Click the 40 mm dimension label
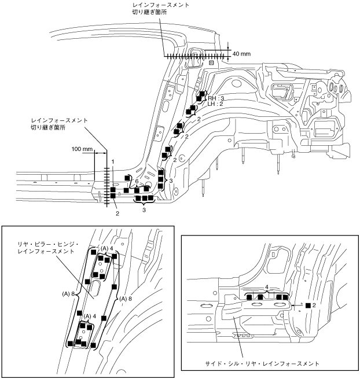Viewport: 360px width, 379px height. (x=241, y=54)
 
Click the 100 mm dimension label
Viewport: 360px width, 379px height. (x=82, y=149)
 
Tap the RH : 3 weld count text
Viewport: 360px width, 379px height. (x=216, y=98)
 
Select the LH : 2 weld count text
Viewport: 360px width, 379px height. (x=215, y=104)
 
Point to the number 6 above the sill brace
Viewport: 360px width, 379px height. (x=137, y=181)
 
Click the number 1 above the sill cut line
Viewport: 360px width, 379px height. (x=113, y=161)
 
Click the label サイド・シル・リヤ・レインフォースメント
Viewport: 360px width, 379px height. (x=262, y=363)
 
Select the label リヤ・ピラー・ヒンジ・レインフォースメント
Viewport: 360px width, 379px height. (x=48, y=248)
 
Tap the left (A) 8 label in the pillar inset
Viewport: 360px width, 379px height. (x=68, y=294)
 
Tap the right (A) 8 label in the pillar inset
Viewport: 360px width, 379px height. (x=126, y=299)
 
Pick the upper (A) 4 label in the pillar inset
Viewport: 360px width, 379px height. (x=107, y=248)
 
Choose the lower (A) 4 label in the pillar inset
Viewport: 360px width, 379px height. (x=90, y=316)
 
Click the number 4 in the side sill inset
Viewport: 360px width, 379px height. (x=267, y=287)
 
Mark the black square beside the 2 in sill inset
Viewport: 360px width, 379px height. (x=308, y=306)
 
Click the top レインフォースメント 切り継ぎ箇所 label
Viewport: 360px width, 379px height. (x=160, y=9)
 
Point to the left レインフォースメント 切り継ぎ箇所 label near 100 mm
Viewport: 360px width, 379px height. (x=59, y=124)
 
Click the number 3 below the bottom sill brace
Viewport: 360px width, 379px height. (x=144, y=210)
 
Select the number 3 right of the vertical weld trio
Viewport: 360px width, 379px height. (x=171, y=181)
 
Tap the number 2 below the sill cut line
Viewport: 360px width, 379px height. (x=117, y=214)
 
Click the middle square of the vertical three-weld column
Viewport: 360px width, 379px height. (x=160, y=179)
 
